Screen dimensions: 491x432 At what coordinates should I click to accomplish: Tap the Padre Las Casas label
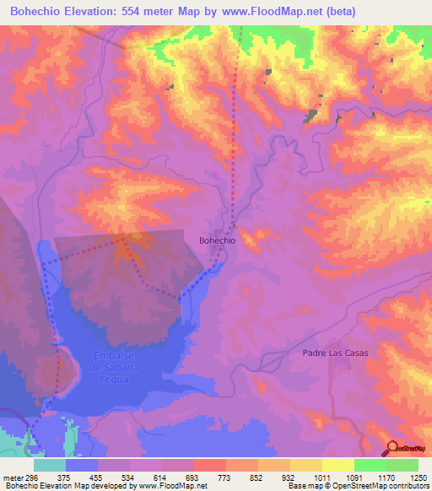pos(336,353)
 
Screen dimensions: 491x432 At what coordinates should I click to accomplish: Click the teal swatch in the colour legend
pos(50,464)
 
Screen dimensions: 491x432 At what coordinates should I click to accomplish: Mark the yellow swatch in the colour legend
pos(337,464)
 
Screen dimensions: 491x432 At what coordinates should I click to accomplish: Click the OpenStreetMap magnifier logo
pos(394,449)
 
